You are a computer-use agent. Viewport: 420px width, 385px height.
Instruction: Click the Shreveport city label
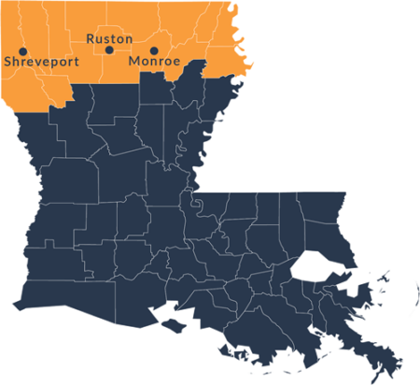[38, 62]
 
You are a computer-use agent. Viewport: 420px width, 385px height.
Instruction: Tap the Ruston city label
[109, 39]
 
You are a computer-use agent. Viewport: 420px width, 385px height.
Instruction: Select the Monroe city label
[154, 62]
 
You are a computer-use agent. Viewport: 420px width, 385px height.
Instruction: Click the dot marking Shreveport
[23, 50]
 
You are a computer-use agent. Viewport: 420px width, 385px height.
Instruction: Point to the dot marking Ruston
[109, 50]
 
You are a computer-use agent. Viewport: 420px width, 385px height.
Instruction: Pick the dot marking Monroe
[154, 50]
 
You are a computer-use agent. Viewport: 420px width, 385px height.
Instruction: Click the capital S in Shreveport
[8, 62]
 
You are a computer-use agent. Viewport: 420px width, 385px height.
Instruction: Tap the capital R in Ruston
[90, 39]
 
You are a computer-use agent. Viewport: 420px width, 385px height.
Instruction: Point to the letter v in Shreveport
[37, 62]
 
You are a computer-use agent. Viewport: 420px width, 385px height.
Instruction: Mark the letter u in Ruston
[98, 39]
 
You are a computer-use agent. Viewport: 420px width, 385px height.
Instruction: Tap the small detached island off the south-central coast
[175, 324]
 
